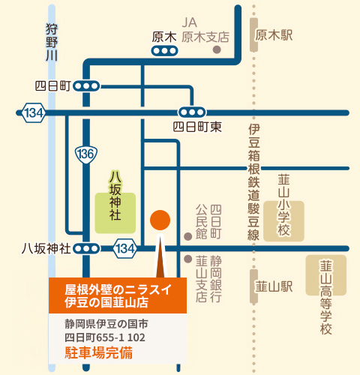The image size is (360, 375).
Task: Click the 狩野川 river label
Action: point(51,42)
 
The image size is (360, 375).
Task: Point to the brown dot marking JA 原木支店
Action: point(217,50)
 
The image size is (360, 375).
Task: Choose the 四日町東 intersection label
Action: point(197,127)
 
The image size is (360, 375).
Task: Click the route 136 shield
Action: point(85,154)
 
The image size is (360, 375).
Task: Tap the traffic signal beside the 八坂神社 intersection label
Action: point(88,248)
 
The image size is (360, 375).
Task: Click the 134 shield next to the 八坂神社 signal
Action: point(125,248)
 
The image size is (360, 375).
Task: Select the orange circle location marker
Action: point(160,220)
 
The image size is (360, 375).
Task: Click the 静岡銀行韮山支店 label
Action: point(208,279)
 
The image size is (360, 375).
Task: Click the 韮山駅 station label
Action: point(272,286)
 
